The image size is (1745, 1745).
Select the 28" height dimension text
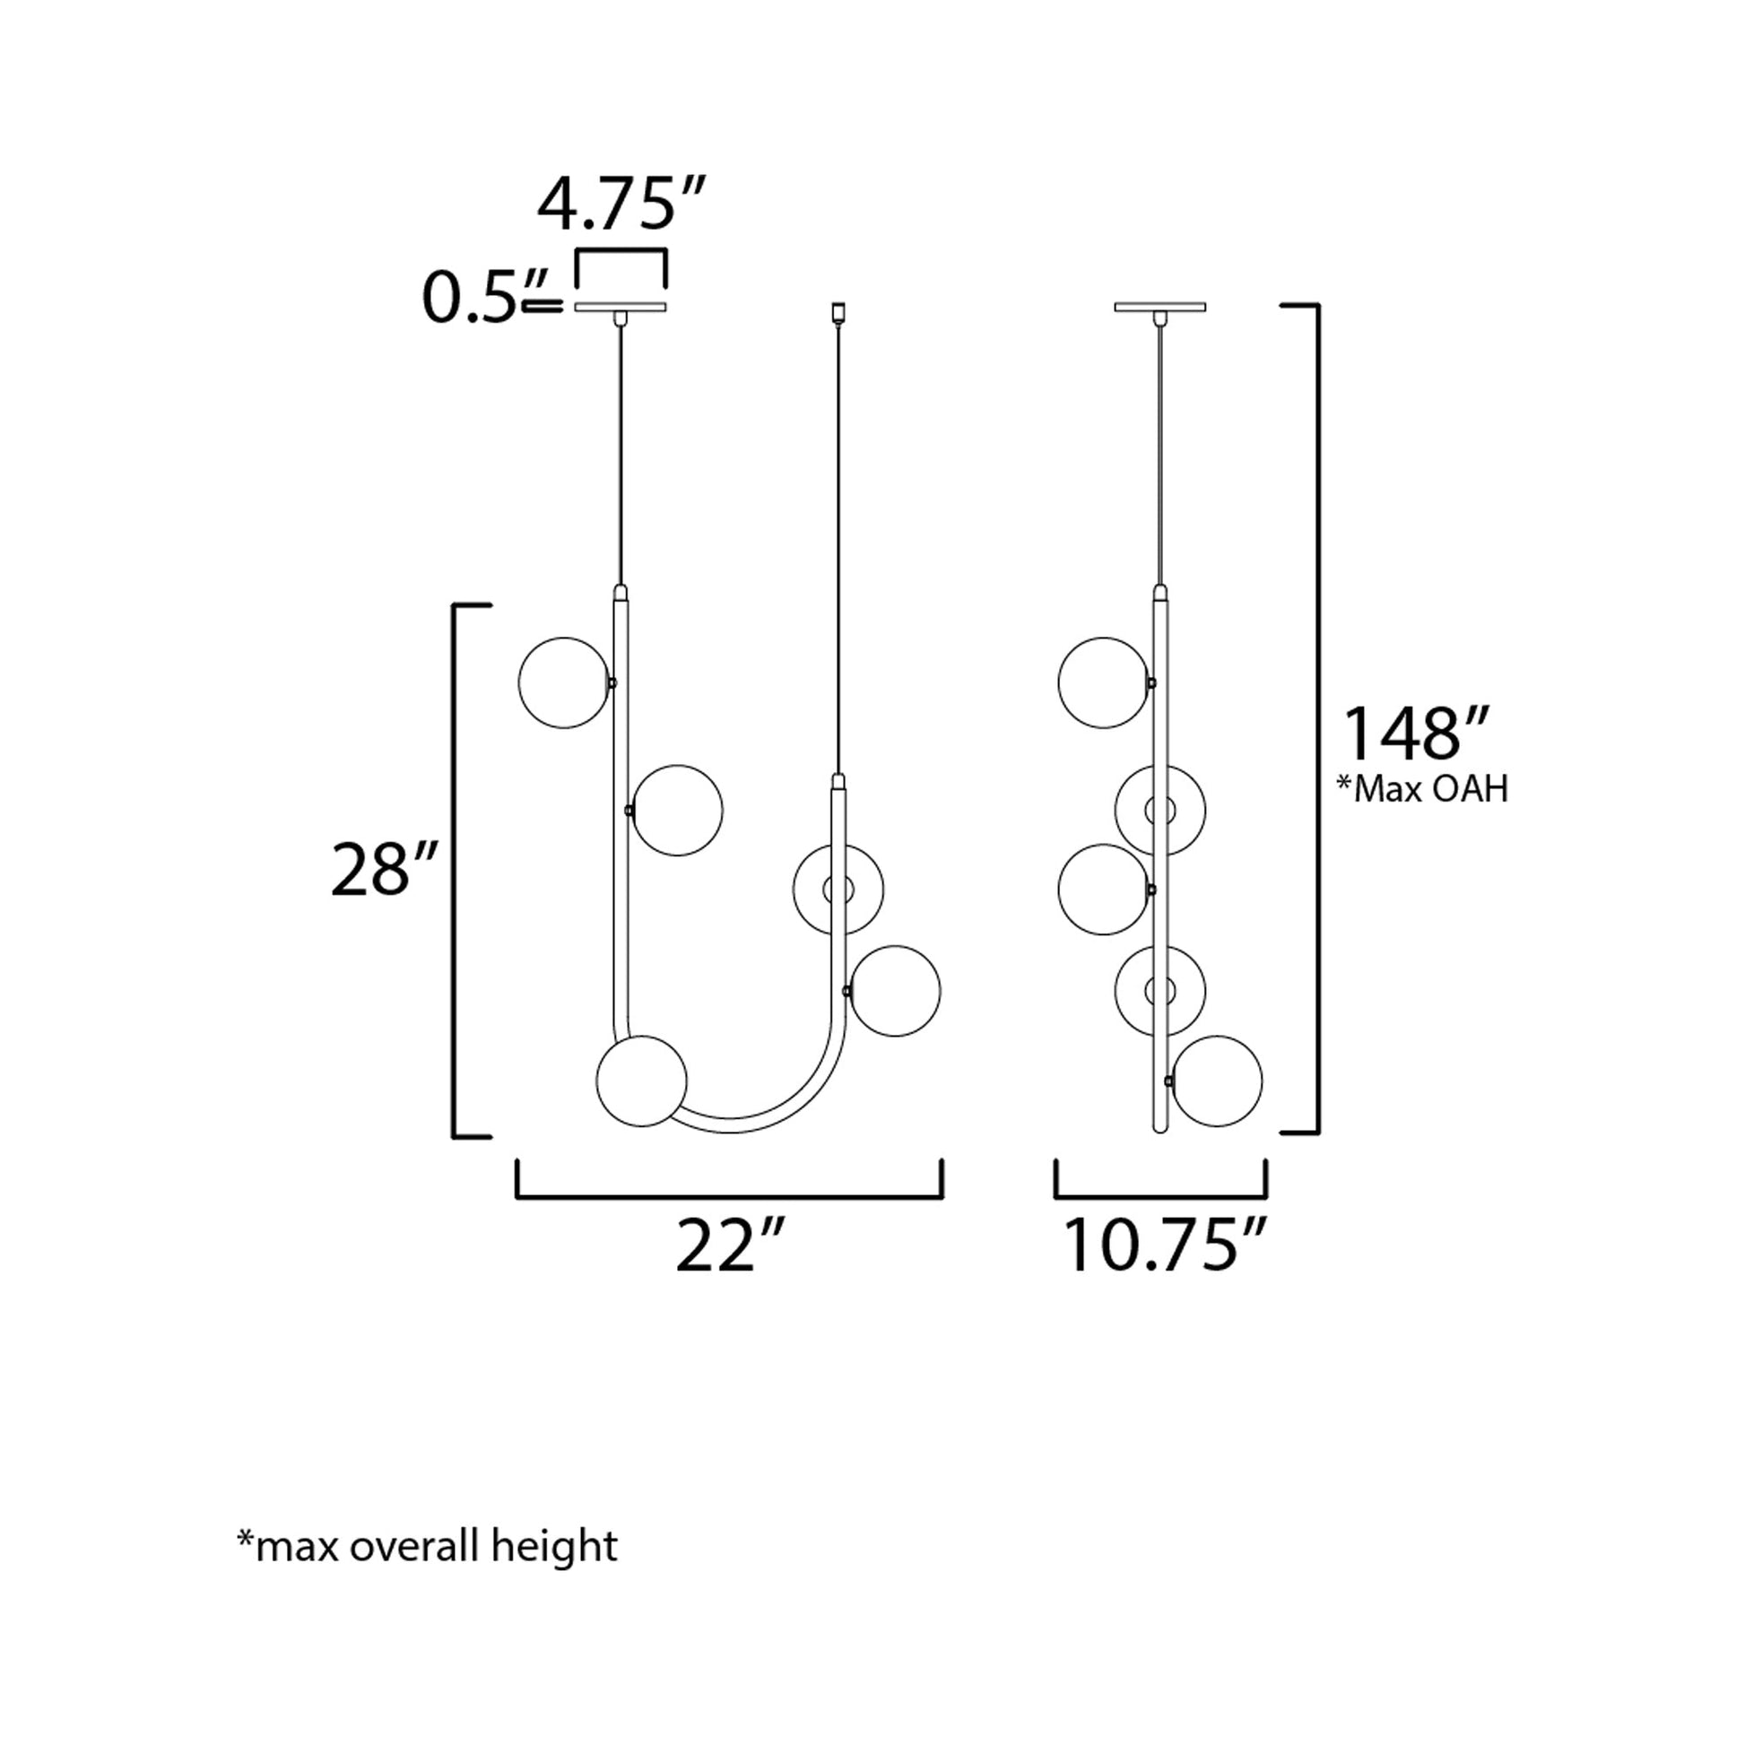coord(384,869)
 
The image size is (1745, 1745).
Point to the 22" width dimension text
coord(730,1246)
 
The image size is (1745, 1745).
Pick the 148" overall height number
coord(1414,734)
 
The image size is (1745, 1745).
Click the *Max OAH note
coord(1422,789)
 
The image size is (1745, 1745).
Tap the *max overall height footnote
coord(427,1547)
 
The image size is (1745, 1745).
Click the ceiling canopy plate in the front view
coord(621,307)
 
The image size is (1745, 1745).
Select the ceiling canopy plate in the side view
coord(1159,307)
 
